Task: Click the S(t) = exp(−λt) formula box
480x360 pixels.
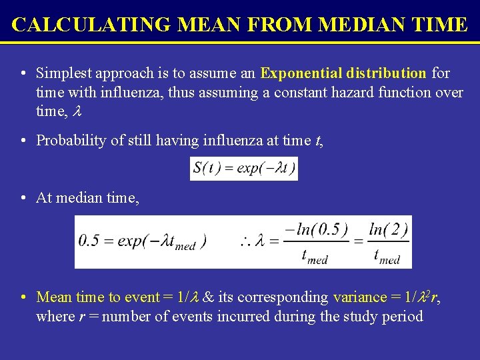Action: coord(244,168)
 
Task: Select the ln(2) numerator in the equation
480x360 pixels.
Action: coord(388,230)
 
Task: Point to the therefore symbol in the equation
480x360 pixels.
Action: coord(247,241)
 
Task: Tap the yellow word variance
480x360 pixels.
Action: coord(360,297)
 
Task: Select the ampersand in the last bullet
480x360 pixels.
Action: coord(209,297)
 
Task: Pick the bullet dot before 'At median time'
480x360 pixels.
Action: coord(23,198)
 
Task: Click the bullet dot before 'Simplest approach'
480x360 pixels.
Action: coord(23,73)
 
